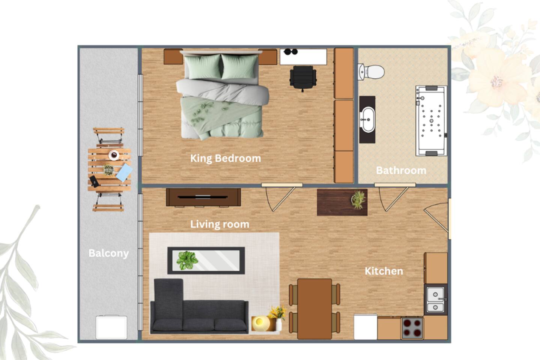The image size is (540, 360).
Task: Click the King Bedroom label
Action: [226, 159]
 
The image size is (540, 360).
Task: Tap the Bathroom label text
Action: [401, 171]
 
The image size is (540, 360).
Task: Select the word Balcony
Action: [109, 253]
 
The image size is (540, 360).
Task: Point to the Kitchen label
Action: [384, 271]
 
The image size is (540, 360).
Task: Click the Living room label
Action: [220, 224]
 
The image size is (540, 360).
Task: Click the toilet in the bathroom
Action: [371, 72]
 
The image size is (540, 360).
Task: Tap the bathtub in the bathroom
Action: [431, 121]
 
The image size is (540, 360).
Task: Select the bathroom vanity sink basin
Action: [367, 120]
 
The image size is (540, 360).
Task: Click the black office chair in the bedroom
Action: [303, 78]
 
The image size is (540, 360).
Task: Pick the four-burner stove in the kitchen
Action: [412, 328]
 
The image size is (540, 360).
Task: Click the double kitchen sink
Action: [435, 300]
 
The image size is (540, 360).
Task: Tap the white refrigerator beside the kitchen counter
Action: [366, 327]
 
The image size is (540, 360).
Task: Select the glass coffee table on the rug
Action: [206, 261]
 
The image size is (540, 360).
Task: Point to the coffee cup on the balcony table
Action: [114, 155]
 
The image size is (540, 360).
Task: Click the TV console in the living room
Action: [203, 197]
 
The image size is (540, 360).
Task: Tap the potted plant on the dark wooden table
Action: [358, 199]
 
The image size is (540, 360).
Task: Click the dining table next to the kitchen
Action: [314, 309]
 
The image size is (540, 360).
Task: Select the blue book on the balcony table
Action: [124, 172]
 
